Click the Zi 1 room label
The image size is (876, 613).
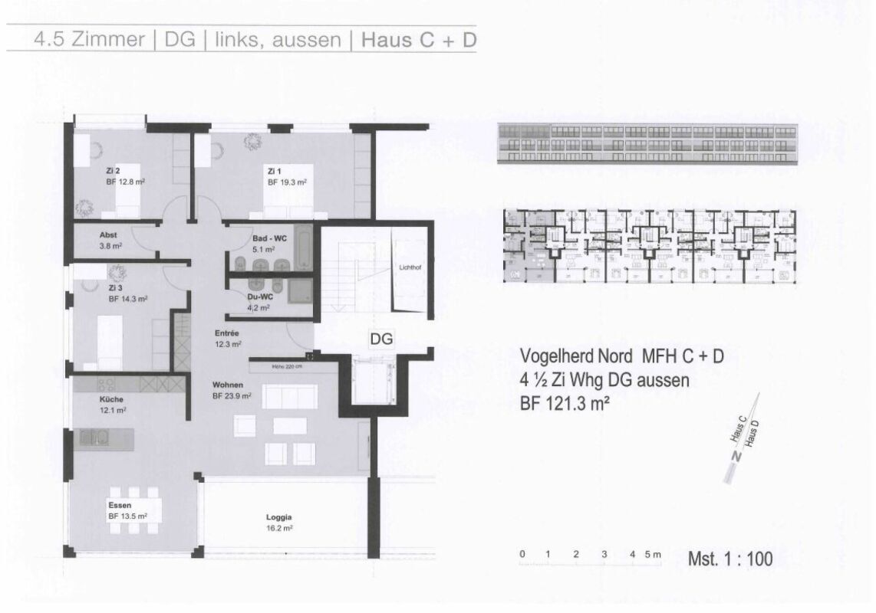click(x=275, y=170)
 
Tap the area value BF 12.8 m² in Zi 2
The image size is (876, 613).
click(x=126, y=183)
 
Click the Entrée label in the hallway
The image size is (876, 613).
click(x=228, y=333)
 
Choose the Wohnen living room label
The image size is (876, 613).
click(x=229, y=385)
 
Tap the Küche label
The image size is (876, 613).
click(x=111, y=399)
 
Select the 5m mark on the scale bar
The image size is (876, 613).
click(x=653, y=553)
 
